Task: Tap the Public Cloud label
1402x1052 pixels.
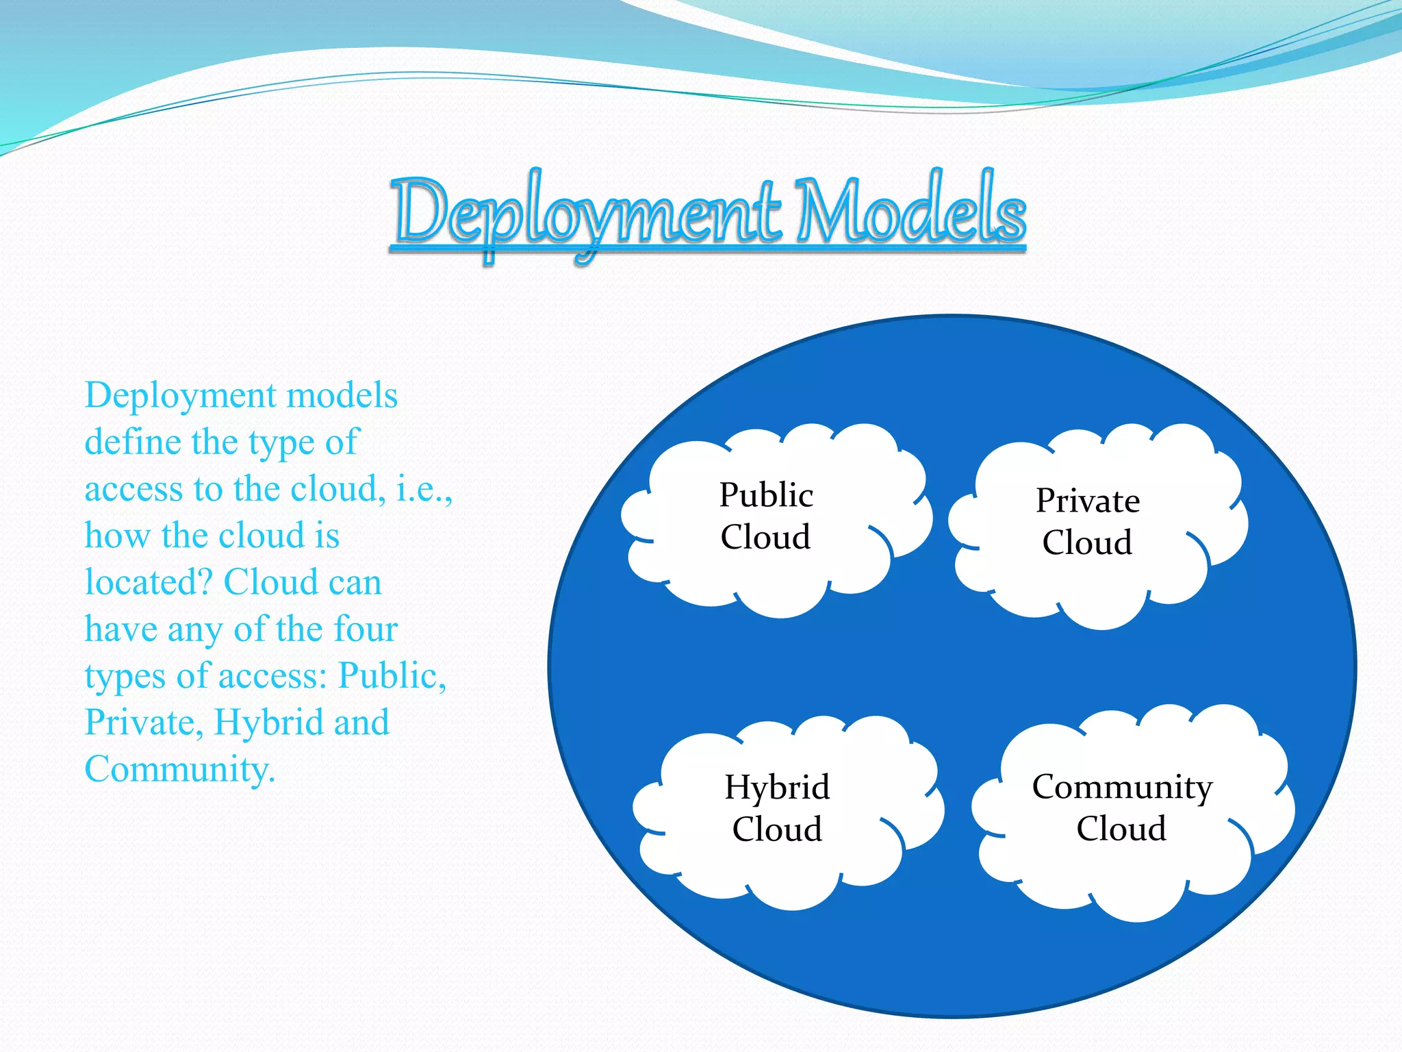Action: click(x=766, y=516)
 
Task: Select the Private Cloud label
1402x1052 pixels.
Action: click(x=1087, y=521)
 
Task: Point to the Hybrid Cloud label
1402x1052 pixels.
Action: click(x=777, y=808)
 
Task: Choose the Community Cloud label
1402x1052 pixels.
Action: click(x=1121, y=807)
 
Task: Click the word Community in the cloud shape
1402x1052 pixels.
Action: click(x=1121, y=787)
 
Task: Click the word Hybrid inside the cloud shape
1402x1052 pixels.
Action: click(x=777, y=788)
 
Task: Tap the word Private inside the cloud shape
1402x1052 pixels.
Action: click(x=1087, y=501)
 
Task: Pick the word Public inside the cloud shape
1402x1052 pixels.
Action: click(x=766, y=495)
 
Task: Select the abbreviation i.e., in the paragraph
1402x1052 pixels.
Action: click(x=424, y=489)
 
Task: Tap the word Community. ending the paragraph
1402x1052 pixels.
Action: click(x=179, y=769)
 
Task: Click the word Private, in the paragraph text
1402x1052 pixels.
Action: click(x=144, y=723)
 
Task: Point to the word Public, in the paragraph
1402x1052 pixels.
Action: click(x=392, y=676)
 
